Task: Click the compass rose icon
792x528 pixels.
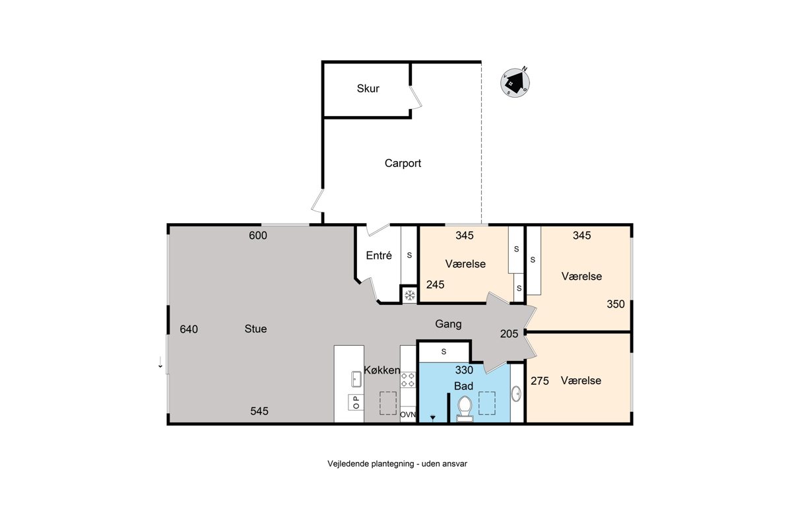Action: coord(515,82)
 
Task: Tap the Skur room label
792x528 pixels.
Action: coord(368,88)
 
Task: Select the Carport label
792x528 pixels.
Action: coord(403,163)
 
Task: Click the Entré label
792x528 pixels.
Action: coord(379,255)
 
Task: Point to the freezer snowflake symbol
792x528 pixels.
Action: coord(409,295)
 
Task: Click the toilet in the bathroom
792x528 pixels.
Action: coord(465,409)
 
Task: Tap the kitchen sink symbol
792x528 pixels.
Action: coord(356,379)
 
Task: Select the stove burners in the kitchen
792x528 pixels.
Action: coord(408,379)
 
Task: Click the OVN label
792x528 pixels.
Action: coord(408,414)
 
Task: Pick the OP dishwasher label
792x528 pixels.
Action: coord(356,402)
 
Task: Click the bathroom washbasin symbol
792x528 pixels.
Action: coord(516,393)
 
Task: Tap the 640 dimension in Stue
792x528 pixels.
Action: coord(189,329)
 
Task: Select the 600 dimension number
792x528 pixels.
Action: coord(258,236)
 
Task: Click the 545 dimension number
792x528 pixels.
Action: coord(259,411)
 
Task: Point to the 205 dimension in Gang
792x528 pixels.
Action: coord(509,333)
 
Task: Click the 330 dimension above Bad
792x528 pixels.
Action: coord(464,370)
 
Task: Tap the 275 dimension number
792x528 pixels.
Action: coord(540,381)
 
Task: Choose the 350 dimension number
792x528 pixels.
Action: coord(616,304)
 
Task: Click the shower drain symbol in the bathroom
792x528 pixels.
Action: coord(432,418)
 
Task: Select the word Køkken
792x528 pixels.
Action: coord(382,370)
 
